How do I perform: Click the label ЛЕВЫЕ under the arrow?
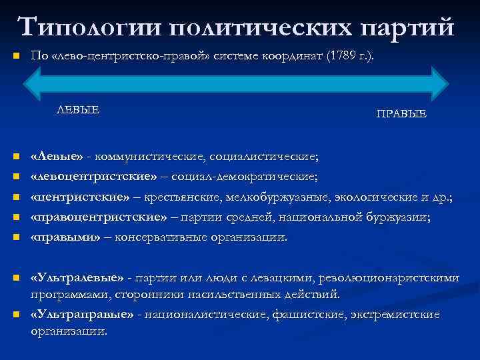[77, 110]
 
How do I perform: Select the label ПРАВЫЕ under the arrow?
[401, 115]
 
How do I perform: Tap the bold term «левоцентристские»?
[94, 177]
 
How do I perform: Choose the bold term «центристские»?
[80, 197]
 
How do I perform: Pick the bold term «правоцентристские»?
[97, 217]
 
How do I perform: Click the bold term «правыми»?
[66, 237]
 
